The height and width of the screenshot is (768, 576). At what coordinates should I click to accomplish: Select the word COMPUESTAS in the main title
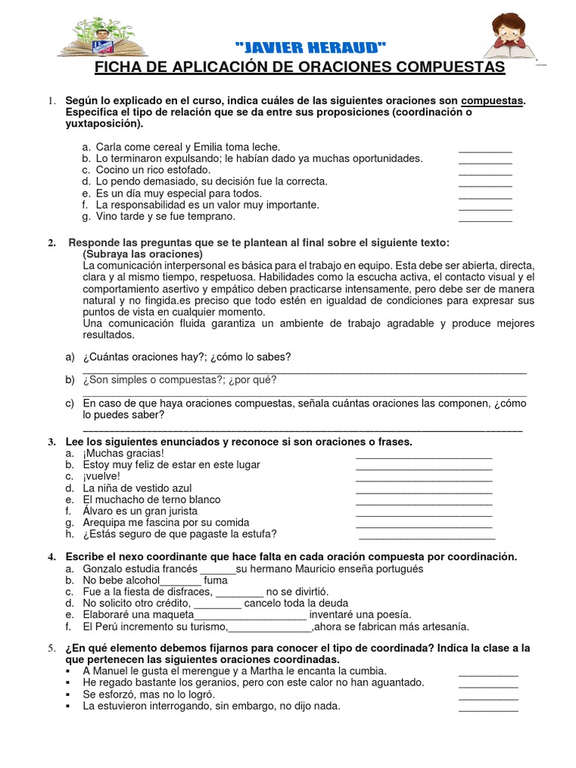(x=448, y=68)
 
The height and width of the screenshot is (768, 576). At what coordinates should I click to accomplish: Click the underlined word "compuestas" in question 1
(x=492, y=100)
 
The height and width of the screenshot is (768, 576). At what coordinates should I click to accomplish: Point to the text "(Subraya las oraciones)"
(x=142, y=254)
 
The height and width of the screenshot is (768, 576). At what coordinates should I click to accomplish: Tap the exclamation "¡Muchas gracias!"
(x=123, y=453)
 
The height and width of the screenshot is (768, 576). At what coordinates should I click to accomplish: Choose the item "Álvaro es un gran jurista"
(x=143, y=511)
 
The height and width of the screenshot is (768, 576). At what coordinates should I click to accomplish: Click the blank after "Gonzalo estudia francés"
(x=217, y=569)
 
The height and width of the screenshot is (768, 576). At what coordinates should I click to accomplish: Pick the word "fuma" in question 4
(x=215, y=580)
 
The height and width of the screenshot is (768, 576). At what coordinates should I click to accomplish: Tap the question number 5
(x=51, y=647)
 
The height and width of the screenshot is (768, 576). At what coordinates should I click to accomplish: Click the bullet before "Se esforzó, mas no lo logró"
(x=68, y=694)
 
